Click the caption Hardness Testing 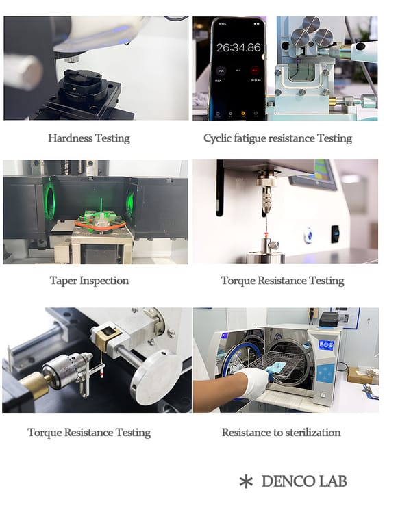click(89, 138)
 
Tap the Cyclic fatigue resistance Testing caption click(277, 138)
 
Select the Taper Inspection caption click(89, 281)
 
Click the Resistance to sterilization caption click(281, 432)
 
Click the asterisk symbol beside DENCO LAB click(246, 482)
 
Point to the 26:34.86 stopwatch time click(238, 48)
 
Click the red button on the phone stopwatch click(255, 71)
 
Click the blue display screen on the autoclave click(326, 345)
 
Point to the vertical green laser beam click(101, 207)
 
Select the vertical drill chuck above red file click(266, 196)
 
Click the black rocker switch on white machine click(335, 233)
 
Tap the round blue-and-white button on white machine click(309, 236)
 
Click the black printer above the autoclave click(329, 318)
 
